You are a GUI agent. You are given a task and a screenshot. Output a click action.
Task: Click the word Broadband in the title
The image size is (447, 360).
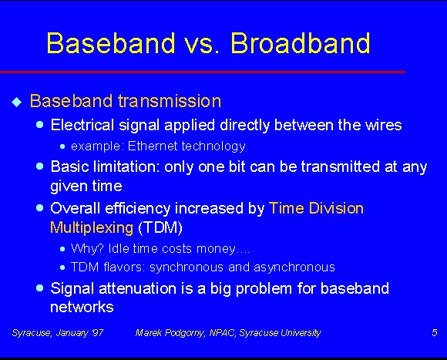(301, 42)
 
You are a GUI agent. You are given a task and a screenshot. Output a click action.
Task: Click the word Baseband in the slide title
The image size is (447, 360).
(111, 42)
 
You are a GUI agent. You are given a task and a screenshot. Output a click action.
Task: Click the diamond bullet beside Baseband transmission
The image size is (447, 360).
(17, 102)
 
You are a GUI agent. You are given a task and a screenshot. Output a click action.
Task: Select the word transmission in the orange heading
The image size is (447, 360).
(170, 101)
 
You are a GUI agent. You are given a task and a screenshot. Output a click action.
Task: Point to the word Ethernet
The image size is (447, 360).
(153, 146)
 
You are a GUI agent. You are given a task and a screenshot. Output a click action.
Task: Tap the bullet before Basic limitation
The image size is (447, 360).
(40, 166)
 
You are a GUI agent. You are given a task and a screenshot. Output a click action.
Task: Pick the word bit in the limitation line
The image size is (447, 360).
(237, 167)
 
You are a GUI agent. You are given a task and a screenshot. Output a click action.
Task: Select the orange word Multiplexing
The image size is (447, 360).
(92, 227)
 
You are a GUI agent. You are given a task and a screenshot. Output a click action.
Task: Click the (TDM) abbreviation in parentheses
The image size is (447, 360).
(160, 227)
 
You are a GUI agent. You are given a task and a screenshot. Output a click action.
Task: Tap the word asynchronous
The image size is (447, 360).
(294, 267)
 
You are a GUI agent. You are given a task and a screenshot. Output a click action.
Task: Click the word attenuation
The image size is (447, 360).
(137, 288)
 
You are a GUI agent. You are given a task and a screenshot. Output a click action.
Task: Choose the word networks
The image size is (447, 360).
(82, 308)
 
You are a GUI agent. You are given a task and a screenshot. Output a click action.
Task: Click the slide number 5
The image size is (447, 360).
(435, 333)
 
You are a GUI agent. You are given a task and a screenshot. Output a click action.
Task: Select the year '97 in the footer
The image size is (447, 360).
(97, 333)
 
